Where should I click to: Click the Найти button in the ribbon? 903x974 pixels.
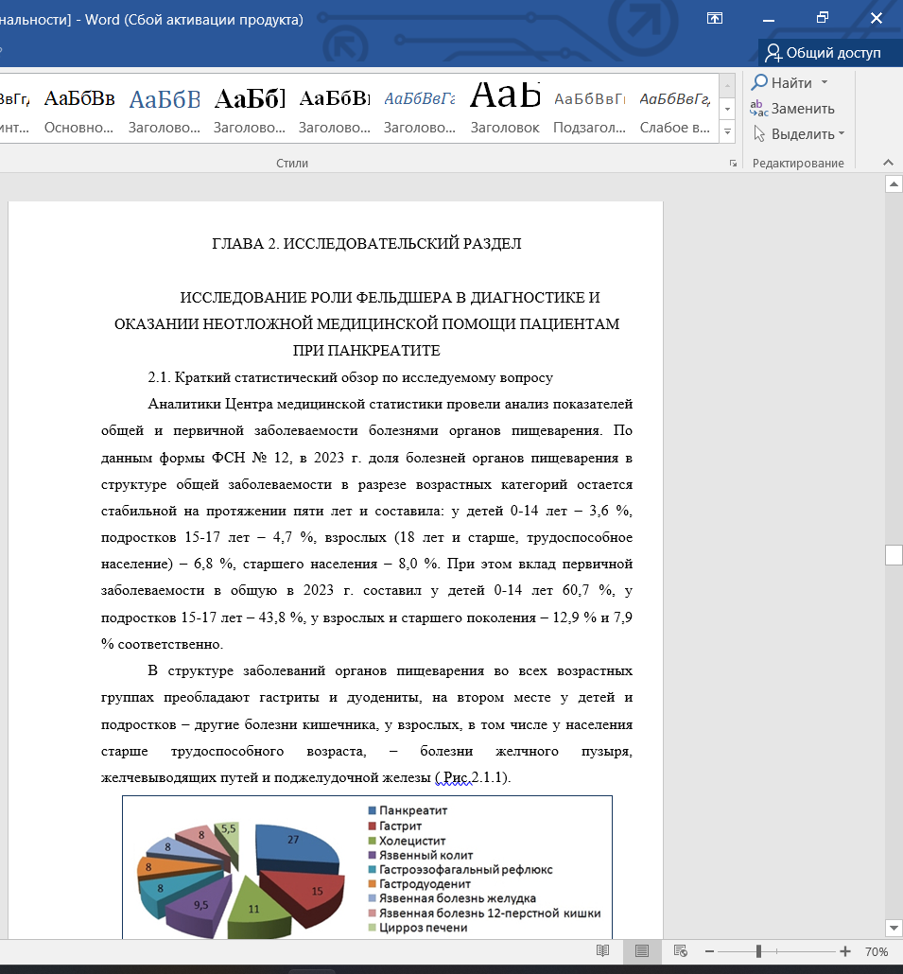(x=790, y=82)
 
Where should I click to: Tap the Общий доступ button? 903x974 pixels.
(x=824, y=53)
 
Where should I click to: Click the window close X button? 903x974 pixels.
(x=877, y=17)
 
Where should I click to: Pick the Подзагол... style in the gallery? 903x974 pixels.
(x=589, y=111)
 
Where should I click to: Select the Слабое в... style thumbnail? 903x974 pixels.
(x=674, y=111)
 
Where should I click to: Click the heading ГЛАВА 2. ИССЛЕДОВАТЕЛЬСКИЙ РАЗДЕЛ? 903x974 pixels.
(x=367, y=244)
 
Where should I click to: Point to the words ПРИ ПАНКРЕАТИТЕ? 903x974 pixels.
(x=367, y=350)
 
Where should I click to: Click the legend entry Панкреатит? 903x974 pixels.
(x=412, y=811)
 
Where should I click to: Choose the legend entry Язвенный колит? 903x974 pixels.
(x=425, y=855)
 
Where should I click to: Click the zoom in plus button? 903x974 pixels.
(x=844, y=951)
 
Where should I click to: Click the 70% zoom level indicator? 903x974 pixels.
(x=877, y=951)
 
